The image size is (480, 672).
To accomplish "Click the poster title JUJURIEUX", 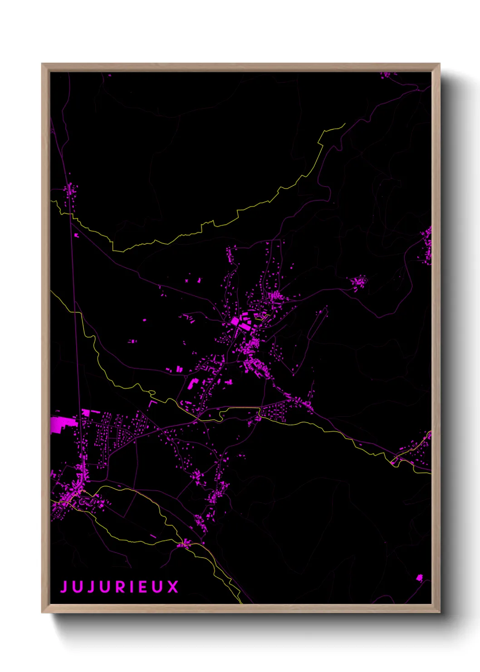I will tap(120, 587).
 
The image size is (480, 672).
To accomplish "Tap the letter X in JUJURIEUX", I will tap(173, 587).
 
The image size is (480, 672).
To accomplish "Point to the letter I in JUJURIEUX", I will tap(132, 587).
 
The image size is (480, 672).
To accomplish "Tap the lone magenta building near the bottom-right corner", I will tap(419, 578).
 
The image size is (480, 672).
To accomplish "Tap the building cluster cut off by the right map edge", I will tap(426, 245).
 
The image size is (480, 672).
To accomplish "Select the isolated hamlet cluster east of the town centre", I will tap(359, 282).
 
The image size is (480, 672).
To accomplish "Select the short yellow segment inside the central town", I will tap(264, 316).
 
